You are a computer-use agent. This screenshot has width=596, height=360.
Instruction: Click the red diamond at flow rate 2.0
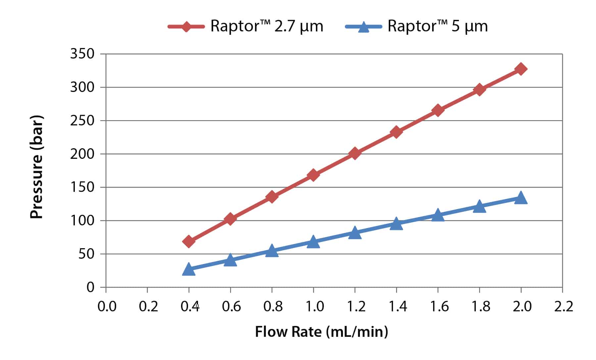pyautogui.click(x=521, y=69)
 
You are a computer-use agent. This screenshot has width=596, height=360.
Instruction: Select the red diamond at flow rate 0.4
pyautogui.click(x=189, y=242)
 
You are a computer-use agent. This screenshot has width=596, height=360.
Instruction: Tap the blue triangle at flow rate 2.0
pyautogui.click(x=521, y=198)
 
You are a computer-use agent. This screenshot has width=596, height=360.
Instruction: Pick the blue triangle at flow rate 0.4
pyautogui.click(x=189, y=269)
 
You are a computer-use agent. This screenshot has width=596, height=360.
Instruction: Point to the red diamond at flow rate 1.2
pyautogui.click(x=355, y=153)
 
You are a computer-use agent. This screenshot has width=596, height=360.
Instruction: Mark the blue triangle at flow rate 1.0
pyautogui.click(x=313, y=242)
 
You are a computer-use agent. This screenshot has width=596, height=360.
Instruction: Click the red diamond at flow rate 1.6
pyautogui.click(x=438, y=110)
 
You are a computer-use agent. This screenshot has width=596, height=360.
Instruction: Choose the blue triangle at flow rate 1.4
pyautogui.click(x=396, y=224)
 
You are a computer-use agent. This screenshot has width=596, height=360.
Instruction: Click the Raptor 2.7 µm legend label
pyautogui.click(x=267, y=26)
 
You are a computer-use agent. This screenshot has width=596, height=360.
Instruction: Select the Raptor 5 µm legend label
pyautogui.click(x=437, y=26)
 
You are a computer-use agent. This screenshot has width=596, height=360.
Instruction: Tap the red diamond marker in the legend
pyautogui.click(x=186, y=26)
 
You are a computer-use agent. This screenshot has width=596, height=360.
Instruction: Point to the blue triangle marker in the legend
pyautogui.click(x=364, y=26)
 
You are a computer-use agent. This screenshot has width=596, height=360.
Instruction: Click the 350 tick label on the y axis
pyautogui.click(x=82, y=54)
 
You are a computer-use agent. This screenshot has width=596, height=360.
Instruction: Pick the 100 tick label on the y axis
pyautogui.click(x=82, y=220)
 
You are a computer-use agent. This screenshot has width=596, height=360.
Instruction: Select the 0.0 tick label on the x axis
pyautogui.click(x=107, y=307)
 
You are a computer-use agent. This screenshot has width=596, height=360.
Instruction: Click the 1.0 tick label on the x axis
pyautogui.click(x=314, y=307)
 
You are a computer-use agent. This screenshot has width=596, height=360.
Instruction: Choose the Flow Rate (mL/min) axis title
pyautogui.click(x=321, y=332)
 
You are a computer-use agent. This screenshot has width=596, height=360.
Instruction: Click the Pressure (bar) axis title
pyautogui.click(x=36, y=167)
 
